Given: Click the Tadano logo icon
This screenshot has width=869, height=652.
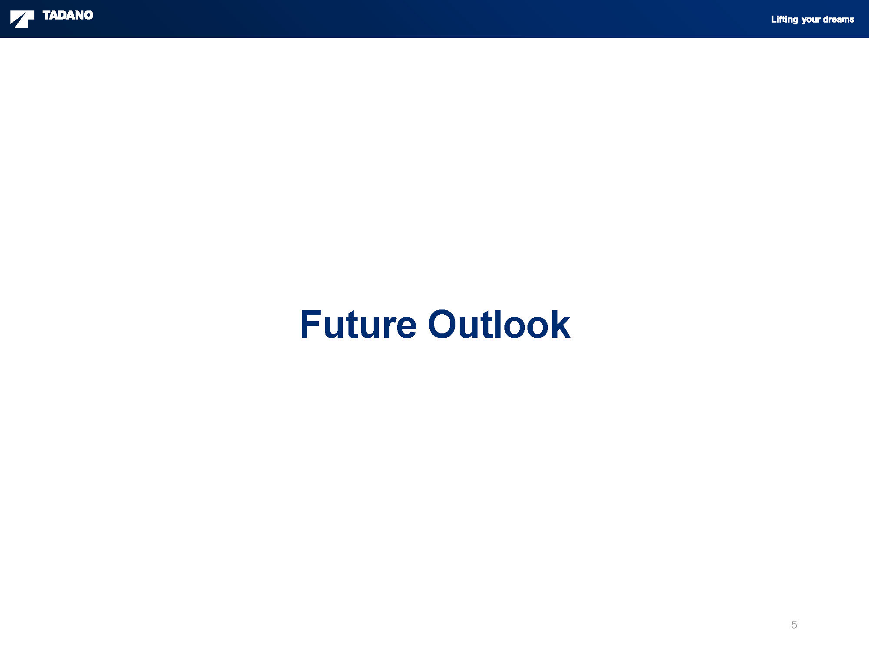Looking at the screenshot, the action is (22, 19).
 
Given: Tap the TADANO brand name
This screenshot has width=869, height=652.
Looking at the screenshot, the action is (68, 15).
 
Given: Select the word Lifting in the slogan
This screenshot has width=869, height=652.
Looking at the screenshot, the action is (784, 19).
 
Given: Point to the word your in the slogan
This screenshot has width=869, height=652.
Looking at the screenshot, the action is (811, 20).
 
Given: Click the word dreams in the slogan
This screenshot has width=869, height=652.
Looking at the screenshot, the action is (839, 19).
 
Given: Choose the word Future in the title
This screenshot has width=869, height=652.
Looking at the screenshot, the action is (358, 324).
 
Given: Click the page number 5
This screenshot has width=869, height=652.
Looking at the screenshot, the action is (794, 625).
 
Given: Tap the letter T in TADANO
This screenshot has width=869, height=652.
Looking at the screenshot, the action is (47, 15).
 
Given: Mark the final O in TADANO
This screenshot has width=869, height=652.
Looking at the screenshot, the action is (89, 15).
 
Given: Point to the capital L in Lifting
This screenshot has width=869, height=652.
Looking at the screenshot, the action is (774, 19).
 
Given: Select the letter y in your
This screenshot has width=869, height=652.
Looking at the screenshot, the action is (804, 20).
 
